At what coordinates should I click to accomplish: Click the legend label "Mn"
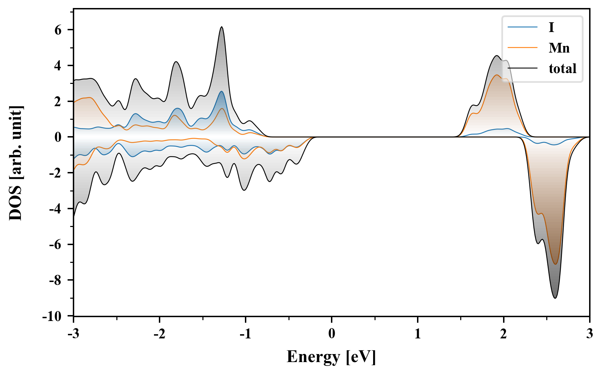[559, 48]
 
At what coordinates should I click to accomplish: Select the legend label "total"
[562, 69]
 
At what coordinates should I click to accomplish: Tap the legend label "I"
[551, 27]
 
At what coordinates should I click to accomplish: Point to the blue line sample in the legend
[523, 27]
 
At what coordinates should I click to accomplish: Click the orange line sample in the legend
[523, 48]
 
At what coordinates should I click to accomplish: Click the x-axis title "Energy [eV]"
[331, 357]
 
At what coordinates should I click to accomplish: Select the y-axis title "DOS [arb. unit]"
[16, 163]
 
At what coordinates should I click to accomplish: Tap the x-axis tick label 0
[331, 334]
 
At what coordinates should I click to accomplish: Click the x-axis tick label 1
[417, 334]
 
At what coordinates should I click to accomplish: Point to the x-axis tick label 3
[589, 334]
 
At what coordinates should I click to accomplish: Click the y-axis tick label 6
[58, 30]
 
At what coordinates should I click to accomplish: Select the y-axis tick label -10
[52, 316]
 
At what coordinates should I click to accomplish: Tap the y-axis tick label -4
[55, 209]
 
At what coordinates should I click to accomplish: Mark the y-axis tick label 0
[58, 137]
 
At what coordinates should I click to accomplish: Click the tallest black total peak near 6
[222, 27]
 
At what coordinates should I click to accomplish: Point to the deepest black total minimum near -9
[555, 298]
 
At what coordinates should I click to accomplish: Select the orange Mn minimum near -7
[555, 264]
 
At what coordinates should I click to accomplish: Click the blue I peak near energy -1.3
[222, 91]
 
